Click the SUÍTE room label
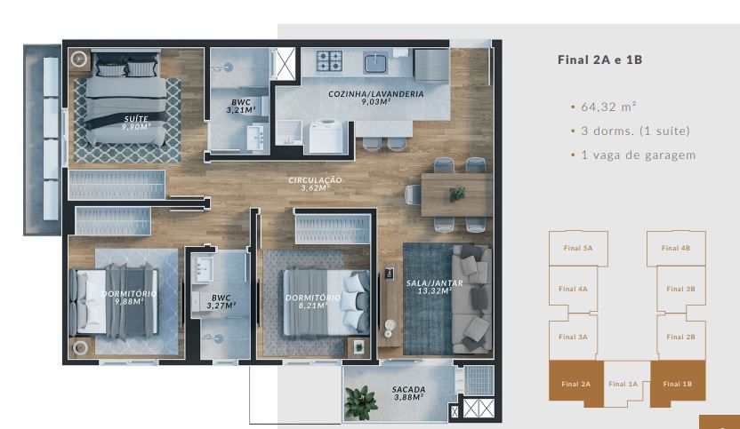136,119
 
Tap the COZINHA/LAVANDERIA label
376,94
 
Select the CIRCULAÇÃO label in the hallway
315,180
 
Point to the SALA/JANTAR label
435,282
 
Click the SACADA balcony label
409,389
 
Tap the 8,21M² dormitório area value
313,306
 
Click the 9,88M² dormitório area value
129,301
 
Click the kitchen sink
375,62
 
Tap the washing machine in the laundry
326,136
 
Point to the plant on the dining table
456,194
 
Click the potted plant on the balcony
360,402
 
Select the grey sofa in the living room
472,299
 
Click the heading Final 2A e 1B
599,60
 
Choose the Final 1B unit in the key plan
678,384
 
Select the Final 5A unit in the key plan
578,248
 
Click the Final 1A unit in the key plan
623,384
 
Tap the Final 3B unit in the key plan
680,289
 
